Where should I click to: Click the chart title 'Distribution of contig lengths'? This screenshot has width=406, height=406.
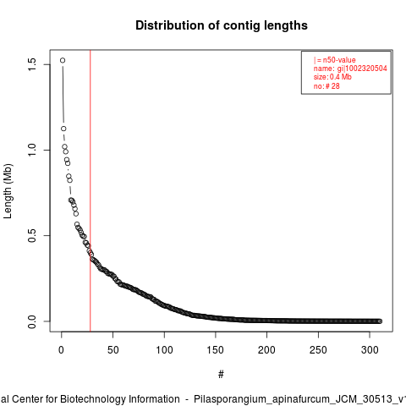(x=222, y=25)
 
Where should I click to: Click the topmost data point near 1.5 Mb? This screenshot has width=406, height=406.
(x=63, y=60)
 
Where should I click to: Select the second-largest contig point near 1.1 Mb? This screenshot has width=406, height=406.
(x=63, y=129)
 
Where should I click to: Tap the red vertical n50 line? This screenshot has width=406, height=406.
(x=91, y=190)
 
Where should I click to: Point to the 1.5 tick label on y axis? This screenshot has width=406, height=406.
(x=32, y=64)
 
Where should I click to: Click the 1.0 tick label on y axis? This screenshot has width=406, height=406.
(x=32, y=150)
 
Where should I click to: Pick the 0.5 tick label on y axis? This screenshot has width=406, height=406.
(x=32, y=235)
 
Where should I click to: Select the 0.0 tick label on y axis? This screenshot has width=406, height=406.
(x=32, y=321)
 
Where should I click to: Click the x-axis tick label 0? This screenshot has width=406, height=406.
(x=61, y=350)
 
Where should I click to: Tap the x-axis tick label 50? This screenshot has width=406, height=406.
(x=112, y=350)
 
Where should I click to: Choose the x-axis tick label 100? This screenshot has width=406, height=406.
(x=164, y=350)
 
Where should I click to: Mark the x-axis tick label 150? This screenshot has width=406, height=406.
(x=216, y=350)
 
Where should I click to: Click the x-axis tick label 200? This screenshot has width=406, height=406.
(x=266, y=350)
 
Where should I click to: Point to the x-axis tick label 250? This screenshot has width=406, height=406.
(x=318, y=350)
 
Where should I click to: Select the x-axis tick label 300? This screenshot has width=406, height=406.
(x=370, y=350)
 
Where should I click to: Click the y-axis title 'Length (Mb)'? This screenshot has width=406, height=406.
(x=8, y=191)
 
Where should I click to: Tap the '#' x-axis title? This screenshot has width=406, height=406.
(x=221, y=375)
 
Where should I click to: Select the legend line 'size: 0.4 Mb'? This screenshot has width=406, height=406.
(x=332, y=77)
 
